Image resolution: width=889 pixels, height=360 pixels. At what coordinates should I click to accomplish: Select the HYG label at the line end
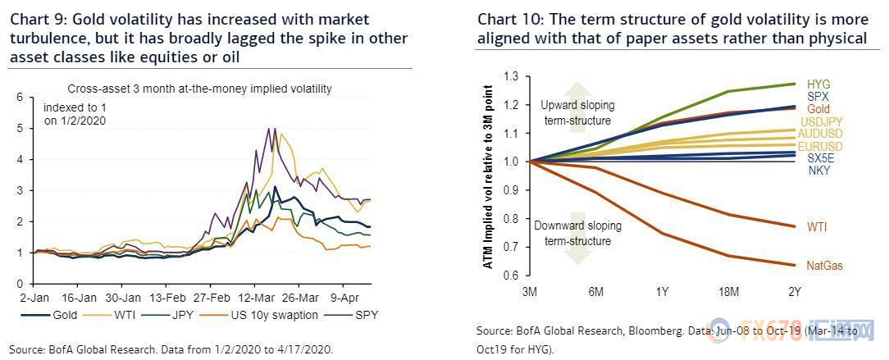[818, 84]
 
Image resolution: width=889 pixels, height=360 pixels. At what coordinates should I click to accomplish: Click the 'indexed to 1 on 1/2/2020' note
[75, 113]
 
